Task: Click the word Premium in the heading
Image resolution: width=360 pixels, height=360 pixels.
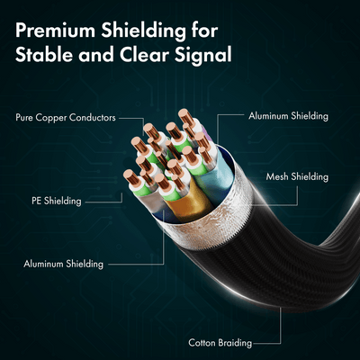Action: coord(55,31)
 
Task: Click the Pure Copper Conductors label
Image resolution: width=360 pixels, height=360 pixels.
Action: coord(66,117)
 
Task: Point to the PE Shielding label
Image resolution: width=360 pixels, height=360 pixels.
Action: coord(57,201)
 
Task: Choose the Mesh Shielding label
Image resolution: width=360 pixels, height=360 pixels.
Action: coord(297,176)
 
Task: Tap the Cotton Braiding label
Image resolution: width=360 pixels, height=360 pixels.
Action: coord(220,343)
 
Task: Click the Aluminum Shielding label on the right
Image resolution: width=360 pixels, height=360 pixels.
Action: coord(288,116)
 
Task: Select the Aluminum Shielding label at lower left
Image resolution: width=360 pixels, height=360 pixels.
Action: coord(63,264)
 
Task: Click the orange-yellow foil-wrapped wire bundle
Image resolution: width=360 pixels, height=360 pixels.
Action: coord(188,202)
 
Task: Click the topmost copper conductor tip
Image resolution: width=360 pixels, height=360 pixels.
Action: coord(184,115)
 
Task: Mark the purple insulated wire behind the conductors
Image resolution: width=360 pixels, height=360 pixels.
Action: coord(206,134)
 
